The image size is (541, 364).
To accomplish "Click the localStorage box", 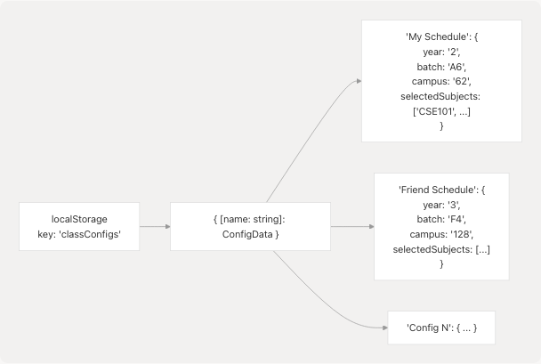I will (x=79, y=225).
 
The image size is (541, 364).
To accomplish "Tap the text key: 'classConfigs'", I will (x=79, y=233).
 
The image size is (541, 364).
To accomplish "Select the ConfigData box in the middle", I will (x=250, y=225).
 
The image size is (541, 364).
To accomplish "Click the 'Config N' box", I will (x=441, y=328).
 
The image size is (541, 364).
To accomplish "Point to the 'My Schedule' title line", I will (x=441, y=37).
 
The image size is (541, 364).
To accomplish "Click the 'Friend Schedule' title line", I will (x=441, y=190).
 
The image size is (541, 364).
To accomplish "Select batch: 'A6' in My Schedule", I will (x=441, y=67).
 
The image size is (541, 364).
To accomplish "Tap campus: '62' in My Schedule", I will (x=441, y=81).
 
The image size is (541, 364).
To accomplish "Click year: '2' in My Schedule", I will (x=441, y=52).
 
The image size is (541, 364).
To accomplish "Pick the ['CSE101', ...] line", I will (x=441, y=110).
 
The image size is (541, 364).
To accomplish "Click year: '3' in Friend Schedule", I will (x=441, y=205).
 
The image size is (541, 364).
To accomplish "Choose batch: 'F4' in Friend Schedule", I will (x=441, y=219).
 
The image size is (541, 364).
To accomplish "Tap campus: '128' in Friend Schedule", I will (x=441, y=234).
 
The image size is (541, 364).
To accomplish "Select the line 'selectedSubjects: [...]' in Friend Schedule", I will (x=441, y=248).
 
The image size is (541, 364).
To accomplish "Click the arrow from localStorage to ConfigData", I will (x=154, y=226).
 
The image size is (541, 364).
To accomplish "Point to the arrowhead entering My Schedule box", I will (x=359, y=80).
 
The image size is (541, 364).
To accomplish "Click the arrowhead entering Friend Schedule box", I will (x=371, y=226).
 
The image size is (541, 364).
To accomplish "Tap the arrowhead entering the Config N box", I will (x=385, y=328).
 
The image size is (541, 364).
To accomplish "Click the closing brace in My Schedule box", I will (x=441, y=125).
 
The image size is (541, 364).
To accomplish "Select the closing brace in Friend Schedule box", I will (x=441, y=263).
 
